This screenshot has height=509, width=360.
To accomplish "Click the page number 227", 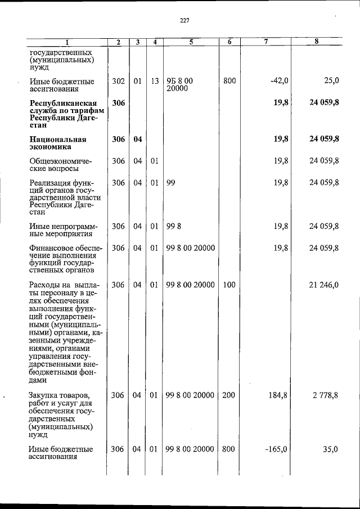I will click(x=184, y=21).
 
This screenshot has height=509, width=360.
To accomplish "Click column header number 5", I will click(x=191, y=42).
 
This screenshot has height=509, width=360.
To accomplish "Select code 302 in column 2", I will click(x=118, y=81).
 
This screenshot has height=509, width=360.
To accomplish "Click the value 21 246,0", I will click(x=323, y=285).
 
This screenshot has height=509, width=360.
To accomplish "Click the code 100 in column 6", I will click(x=228, y=285).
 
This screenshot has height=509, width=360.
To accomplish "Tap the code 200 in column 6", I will click(x=228, y=395).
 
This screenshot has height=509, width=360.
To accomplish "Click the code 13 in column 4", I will click(x=155, y=81).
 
